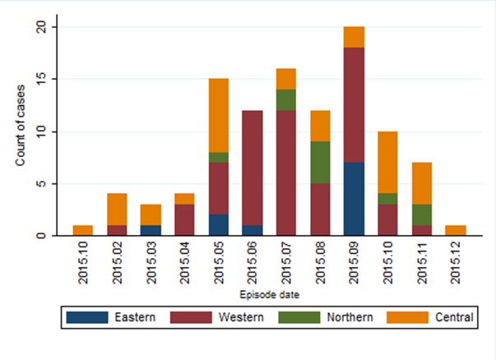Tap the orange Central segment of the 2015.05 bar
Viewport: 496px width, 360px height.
(218, 115)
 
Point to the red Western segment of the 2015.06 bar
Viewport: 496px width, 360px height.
(252, 168)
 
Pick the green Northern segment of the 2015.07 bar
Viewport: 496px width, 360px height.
(286, 99)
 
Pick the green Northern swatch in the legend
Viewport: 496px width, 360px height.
(299, 316)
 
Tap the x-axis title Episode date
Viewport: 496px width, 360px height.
(269, 293)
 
